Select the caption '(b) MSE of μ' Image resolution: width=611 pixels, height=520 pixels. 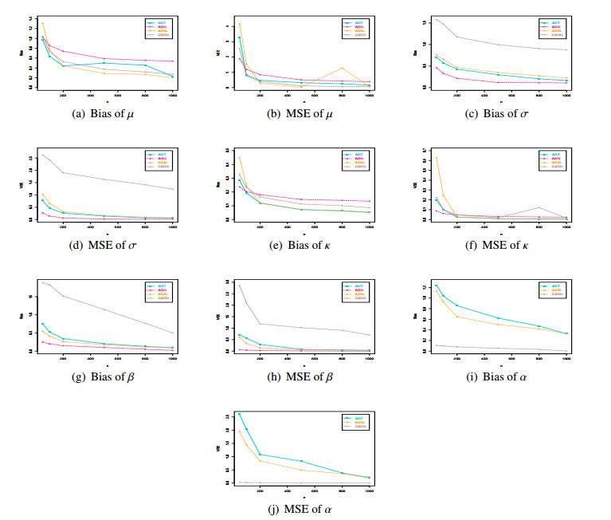[x=304, y=113]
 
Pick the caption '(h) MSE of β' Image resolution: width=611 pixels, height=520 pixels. [x=304, y=376]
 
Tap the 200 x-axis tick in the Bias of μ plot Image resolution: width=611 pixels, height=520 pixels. [x=64, y=95]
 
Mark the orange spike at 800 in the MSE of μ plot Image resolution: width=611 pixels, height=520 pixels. [x=342, y=69]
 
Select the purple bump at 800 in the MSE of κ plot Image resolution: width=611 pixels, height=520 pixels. [x=539, y=207]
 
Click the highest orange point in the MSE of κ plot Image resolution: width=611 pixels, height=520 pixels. [x=436, y=158]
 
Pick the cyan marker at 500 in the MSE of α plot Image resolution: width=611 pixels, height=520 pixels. [x=301, y=461]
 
